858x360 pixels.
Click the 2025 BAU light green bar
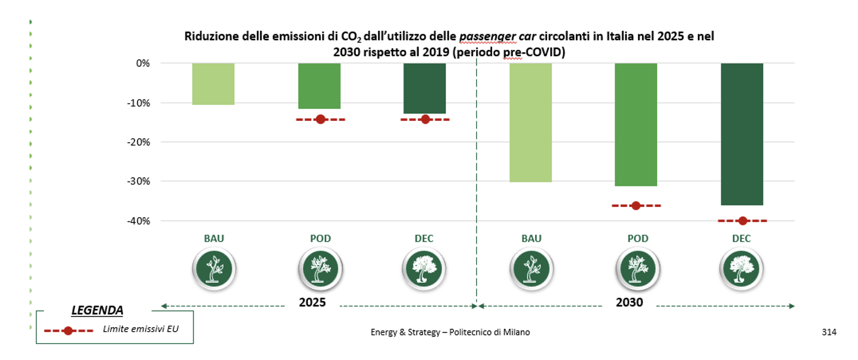[213, 84]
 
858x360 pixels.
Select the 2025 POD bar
[319, 86]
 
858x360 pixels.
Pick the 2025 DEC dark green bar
[425, 88]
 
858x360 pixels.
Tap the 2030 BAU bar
[530, 123]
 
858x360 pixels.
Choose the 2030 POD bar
[636, 125]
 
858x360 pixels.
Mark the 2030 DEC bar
[741, 134]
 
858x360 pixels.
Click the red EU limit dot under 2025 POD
[321, 119]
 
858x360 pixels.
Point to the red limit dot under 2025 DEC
[425, 119]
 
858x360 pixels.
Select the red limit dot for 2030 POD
[636, 206]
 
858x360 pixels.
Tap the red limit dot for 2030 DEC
[743, 221]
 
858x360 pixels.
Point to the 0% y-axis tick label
[143, 63]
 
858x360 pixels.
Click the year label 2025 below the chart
[312, 303]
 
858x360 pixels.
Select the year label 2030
[629, 303]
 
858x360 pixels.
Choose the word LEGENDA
[97, 310]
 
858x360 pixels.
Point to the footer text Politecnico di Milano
[489, 332]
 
